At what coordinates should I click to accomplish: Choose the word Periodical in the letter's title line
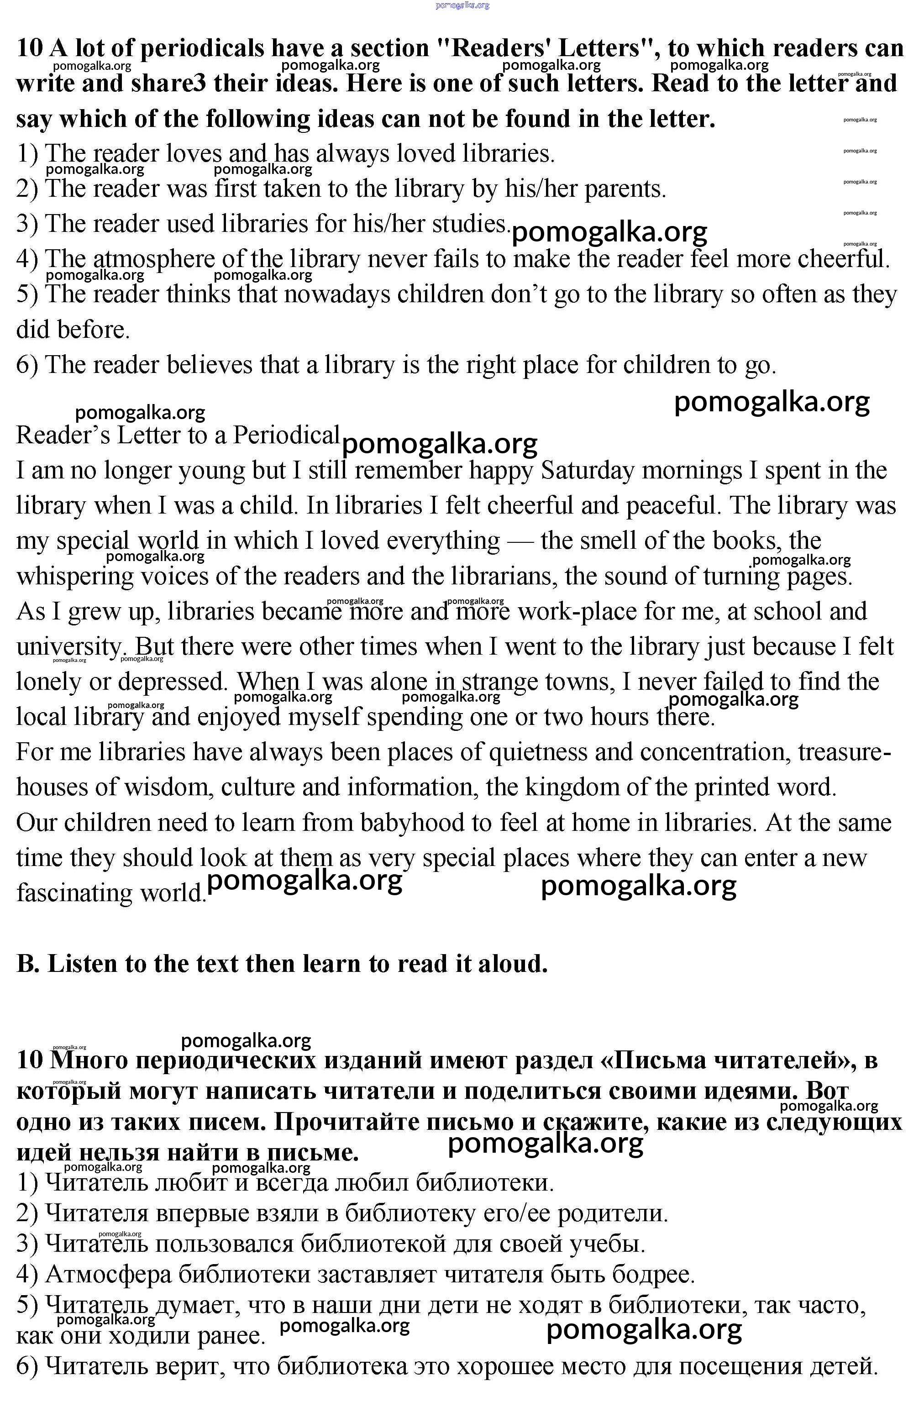point(285,435)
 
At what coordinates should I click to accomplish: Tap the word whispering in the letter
point(75,577)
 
